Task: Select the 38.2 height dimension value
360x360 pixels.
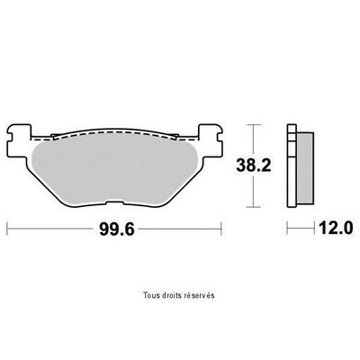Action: click(x=254, y=166)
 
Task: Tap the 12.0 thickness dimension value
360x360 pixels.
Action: click(x=336, y=229)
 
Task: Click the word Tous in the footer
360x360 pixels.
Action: click(x=149, y=295)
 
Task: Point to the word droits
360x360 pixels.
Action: click(x=167, y=295)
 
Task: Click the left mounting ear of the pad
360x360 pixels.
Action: click(x=19, y=139)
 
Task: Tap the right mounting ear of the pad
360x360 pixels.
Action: click(x=210, y=139)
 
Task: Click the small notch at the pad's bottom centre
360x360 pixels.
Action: click(x=114, y=202)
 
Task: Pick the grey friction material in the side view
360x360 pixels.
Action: click(x=305, y=167)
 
